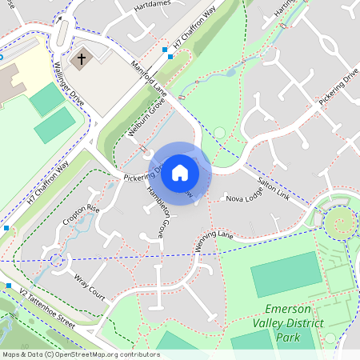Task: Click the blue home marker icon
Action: coord(180,173)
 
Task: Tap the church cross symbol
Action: coord(81,59)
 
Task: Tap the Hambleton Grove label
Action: coord(155,213)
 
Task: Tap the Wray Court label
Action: coord(90,287)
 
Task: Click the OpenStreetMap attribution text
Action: coord(81,354)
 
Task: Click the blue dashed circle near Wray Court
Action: coord(56,260)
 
